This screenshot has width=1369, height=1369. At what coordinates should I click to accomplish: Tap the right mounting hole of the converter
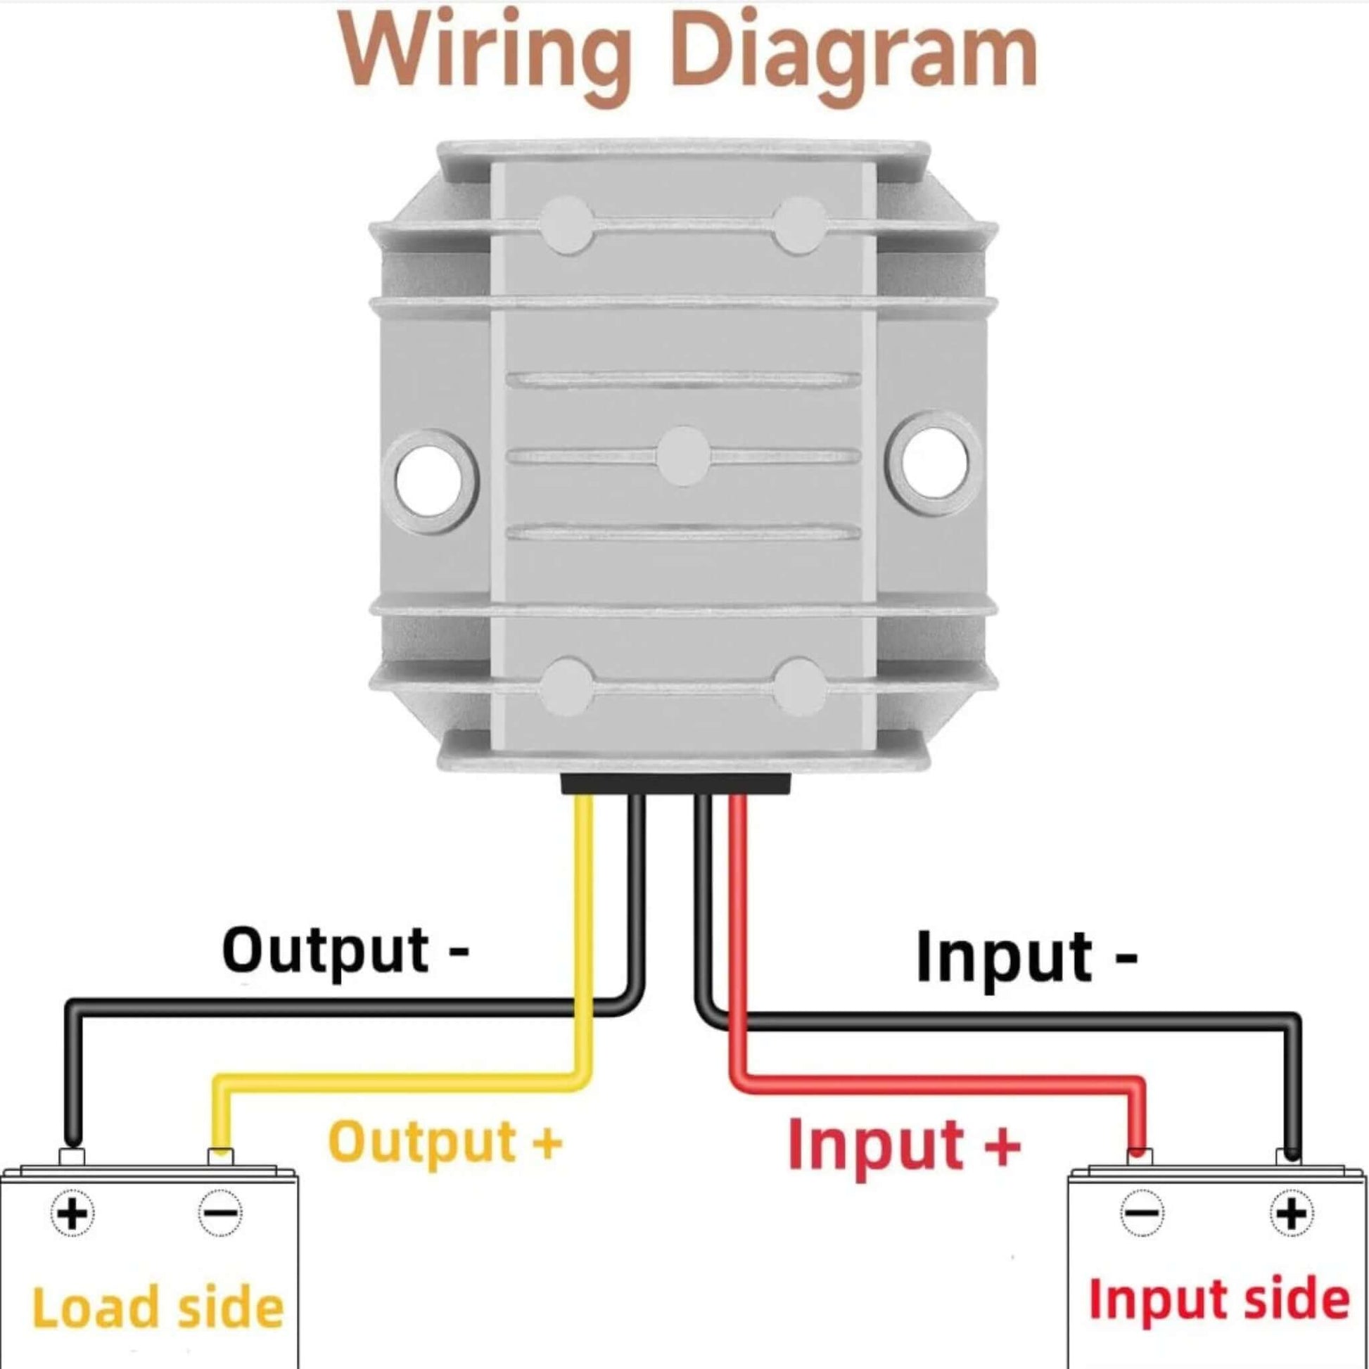(935, 462)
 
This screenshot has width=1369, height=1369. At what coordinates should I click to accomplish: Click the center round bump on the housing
(682, 456)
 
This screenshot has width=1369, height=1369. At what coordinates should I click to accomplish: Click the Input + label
(904, 1143)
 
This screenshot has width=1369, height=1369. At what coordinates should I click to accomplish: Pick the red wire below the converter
(738, 921)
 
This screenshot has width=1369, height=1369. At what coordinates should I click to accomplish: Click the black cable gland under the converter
(675, 783)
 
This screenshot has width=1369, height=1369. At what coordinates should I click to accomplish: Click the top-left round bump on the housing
(566, 225)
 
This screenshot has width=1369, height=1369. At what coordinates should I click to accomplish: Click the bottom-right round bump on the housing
(799, 686)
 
